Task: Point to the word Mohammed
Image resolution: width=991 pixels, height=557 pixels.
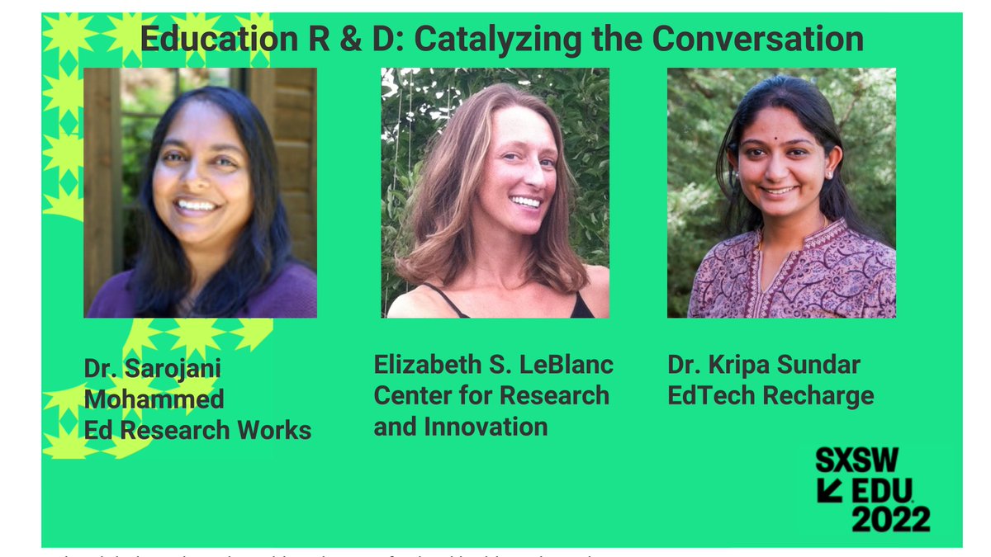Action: pyautogui.click(x=154, y=399)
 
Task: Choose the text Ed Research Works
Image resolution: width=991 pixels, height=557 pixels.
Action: pyautogui.click(x=197, y=430)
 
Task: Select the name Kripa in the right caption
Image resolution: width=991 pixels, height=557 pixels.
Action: pyautogui.click(x=744, y=365)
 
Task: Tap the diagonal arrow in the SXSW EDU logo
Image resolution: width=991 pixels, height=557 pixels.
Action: pyautogui.click(x=829, y=490)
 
